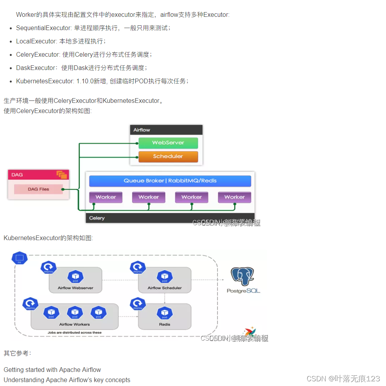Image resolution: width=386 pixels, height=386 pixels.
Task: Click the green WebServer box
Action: pos(168,143)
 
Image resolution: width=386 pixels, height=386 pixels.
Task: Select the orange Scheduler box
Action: pos(168,156)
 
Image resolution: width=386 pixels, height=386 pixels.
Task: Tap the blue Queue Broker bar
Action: pos(170,181)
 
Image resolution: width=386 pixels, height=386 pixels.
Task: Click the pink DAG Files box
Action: pos(38,189)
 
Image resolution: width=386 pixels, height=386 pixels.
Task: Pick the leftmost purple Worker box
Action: pos(106,197)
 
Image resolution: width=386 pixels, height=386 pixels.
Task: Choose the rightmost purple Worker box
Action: pos(234,197)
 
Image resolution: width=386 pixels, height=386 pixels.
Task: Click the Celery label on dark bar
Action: pos(97,218)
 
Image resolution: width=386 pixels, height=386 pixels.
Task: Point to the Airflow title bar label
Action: pos(142,130)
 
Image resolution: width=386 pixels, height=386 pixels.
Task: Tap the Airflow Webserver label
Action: pos(75,288)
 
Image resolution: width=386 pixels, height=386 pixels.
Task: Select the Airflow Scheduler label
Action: pos(165,288)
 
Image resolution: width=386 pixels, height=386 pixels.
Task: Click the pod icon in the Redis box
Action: pos(165,313)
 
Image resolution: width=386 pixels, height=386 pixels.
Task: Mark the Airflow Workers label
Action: pos(74,324)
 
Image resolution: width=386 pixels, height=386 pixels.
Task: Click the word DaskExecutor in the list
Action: pos(36,68)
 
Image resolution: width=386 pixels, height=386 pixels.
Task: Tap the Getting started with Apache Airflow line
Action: pos(52,370)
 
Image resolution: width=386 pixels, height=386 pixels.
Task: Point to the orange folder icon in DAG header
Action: pos(62,175)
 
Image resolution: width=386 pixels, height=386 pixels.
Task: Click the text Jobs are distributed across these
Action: pos(74,332)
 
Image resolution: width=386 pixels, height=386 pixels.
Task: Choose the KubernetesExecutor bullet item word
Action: pos(45,81)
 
